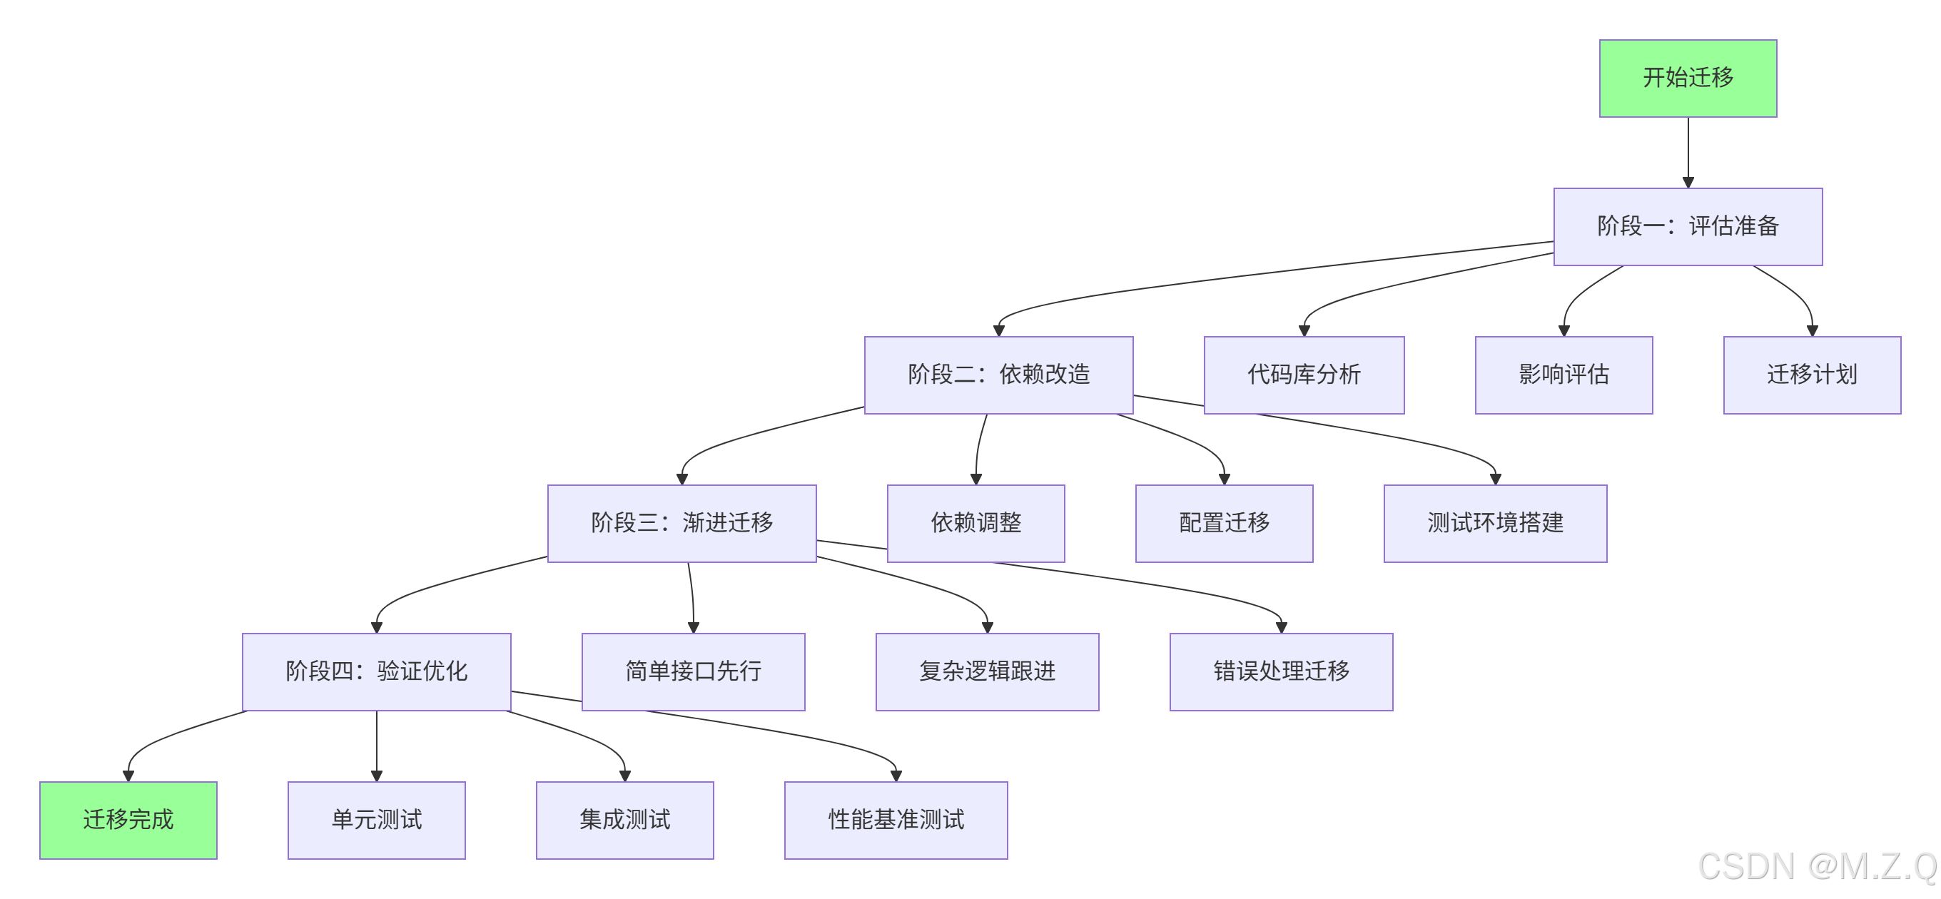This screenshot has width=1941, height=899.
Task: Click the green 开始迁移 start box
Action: (1687, 78)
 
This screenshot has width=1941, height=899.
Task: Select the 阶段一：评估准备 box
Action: (1687, 227)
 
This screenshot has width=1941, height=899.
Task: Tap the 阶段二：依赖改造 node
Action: (998, 375)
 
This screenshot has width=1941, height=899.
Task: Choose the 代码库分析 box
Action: (1304, 375)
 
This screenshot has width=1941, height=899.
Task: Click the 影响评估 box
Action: (1564, 375)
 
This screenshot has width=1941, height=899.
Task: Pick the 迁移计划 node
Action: (1811, 375)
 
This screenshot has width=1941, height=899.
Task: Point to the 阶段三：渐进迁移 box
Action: (681, 523)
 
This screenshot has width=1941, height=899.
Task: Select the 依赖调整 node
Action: (975, 523)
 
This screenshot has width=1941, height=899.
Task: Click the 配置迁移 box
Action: (1224, 523)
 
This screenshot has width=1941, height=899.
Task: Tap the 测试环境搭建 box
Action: (1495, 523)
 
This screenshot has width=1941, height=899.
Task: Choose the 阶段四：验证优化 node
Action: (376, 671)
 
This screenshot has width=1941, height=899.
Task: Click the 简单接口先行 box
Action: (693, 671)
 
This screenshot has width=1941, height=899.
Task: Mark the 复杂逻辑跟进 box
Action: (987, 671)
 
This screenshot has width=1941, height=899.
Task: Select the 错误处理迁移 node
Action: (1281, 671)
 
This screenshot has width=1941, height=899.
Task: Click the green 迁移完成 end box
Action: (128, 820)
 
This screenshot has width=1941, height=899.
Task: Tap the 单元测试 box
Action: (376, 820)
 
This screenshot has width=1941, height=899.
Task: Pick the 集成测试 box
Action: (624, 820)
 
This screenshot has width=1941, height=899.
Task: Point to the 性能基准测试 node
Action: (896, 820)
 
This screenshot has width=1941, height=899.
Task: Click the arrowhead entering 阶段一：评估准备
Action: (1688, 183)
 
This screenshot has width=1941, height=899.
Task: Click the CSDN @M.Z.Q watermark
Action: (1817, 867)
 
